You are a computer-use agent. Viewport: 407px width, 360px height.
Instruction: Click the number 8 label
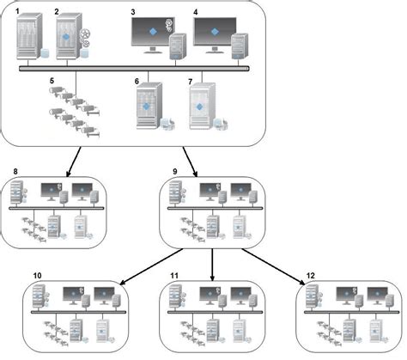tap(10, 171)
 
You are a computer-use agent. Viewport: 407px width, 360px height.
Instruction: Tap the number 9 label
tap(175, 171)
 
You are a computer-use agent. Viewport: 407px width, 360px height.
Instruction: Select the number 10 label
tap(37, 276)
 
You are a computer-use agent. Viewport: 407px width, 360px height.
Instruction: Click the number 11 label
tap(174, 276)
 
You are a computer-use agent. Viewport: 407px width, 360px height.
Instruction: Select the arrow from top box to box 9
tap(194, 158)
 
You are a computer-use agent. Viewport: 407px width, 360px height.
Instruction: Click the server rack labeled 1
tap(28, 40)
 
